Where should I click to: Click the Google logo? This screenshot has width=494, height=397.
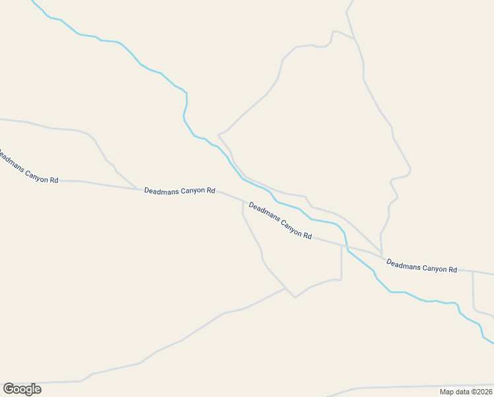(x=22, y=388)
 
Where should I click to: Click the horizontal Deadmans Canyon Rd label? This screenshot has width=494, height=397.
(x=180, y=191)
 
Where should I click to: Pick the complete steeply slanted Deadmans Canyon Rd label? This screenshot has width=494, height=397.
(x=280, y=220)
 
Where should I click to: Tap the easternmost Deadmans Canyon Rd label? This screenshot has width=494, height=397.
(x=421, y=266)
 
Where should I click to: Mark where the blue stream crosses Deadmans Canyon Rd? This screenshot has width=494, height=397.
(x=346, y=247)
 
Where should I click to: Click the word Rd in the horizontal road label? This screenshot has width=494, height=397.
(x=211, y=191)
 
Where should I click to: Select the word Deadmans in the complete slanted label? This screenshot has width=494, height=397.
(x=264, y=212)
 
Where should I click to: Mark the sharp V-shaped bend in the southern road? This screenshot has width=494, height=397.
(x=295, y=297)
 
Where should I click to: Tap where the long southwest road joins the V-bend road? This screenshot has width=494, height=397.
(x=285, y=288)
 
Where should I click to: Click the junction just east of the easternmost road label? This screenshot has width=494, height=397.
(x=472, y=271)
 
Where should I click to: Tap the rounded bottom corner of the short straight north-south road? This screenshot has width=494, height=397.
(x=340, y=279)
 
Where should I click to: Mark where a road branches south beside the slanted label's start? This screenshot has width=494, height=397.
(x=243, y=201)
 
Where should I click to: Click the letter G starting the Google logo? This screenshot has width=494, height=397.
(x=9, y=388)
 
